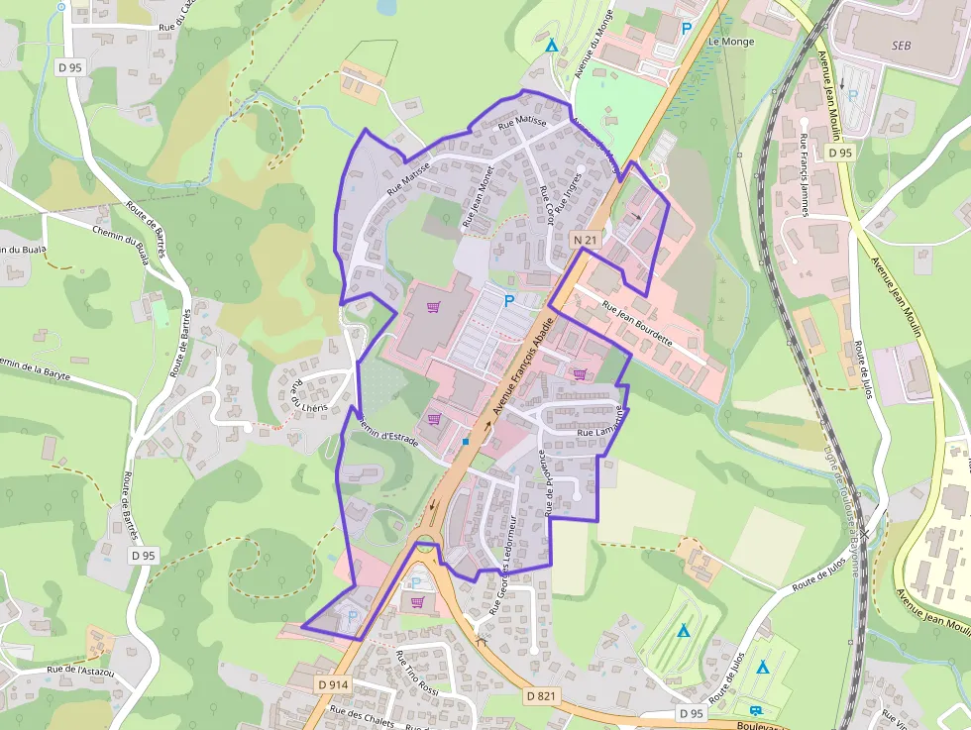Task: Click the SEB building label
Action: (901, 46)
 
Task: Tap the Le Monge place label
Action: (731, 42)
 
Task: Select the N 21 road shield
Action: (584, 240)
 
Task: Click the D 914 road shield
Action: (334, 684)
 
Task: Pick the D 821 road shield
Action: (541, 696)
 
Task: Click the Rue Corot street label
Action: (546, 204)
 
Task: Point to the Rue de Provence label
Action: (544, 482)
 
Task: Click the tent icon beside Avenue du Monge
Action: (551, 45)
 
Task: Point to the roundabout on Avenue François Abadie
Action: (427, 543)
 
